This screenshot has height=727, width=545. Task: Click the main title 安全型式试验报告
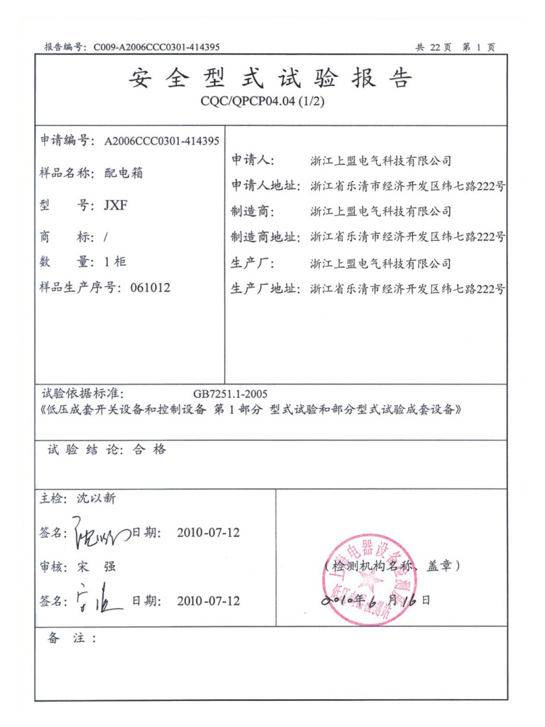pyautogui.click(x=271, y=79)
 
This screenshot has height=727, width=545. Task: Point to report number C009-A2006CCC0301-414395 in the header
pyautogui.click(x=157, y=47)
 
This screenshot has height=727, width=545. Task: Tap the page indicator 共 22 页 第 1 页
pyautogui.click(x=455, y=47)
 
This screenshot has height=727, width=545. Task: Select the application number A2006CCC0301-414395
pyautogui.click(x=161, y=142)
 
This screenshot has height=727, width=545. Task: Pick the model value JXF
pyautogui.click(x=116, y=205)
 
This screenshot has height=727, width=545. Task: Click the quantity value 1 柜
pyautogui.click(x=116, y=262)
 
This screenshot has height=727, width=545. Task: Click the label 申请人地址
pyautogui.click(x=265, y=186)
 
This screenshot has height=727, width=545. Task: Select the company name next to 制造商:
pyautogui.click(x=380, y=212)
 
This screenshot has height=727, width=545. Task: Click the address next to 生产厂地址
pyautogui.click(x=407, y=289)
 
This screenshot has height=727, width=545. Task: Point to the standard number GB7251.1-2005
pyautogui.click(x=231, y=394)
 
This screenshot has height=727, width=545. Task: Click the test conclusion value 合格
pyautogui.click(x=148, y=450)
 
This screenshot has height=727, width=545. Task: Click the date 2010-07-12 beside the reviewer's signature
pyautogui.click(x=208, y=601)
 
